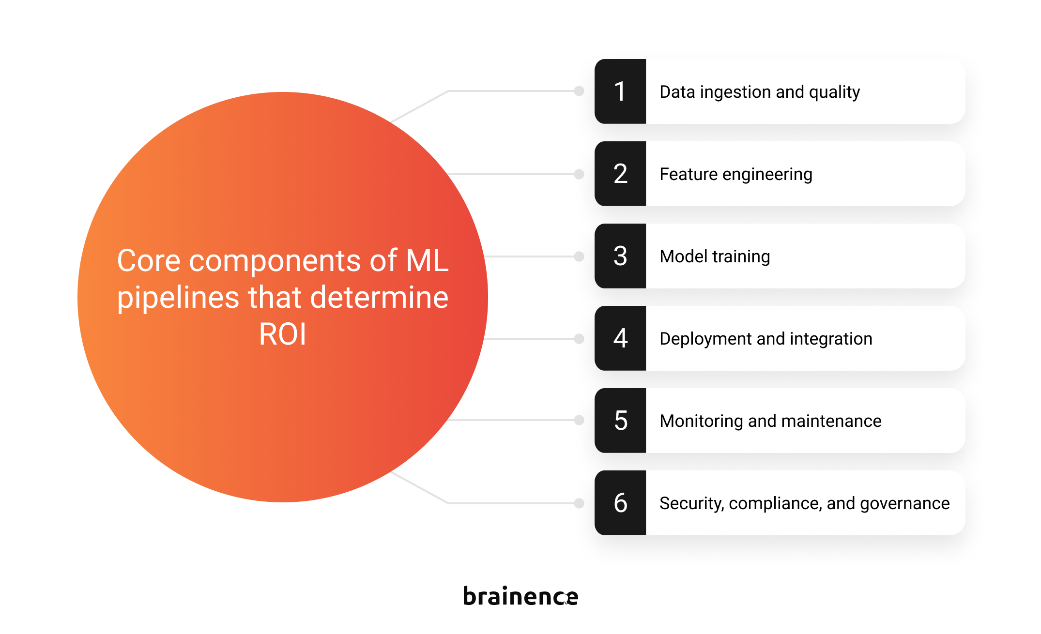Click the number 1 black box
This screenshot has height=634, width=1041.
tap(620, 91)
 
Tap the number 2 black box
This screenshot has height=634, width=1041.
tap(620, 174)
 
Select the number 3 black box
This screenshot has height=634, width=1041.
tap(620, 256)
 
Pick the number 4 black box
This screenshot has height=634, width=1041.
tap(620, 338)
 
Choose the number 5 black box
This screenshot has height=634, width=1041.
tap(620, 421)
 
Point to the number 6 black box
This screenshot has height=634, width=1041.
tap(620, 503)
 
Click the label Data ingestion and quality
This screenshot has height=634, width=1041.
tap(760, 92)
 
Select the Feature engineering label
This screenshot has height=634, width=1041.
tap(736, 174)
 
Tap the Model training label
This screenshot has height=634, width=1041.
tap(715, 257)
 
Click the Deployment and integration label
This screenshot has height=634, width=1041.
tap(766, 339)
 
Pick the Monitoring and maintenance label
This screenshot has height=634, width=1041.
tap(770, 421)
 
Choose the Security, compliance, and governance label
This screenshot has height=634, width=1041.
tap(805, 503)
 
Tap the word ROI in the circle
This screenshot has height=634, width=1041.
tap(283, 334)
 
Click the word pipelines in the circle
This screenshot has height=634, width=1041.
tap(178, 298)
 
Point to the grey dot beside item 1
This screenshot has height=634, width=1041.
tap(579, 91)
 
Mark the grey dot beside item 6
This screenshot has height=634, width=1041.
tap(579, 503)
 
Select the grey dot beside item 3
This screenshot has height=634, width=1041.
tap(579, 257)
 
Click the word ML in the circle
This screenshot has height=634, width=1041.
tap(427, 260)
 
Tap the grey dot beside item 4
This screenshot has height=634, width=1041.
tap(579, 339)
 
